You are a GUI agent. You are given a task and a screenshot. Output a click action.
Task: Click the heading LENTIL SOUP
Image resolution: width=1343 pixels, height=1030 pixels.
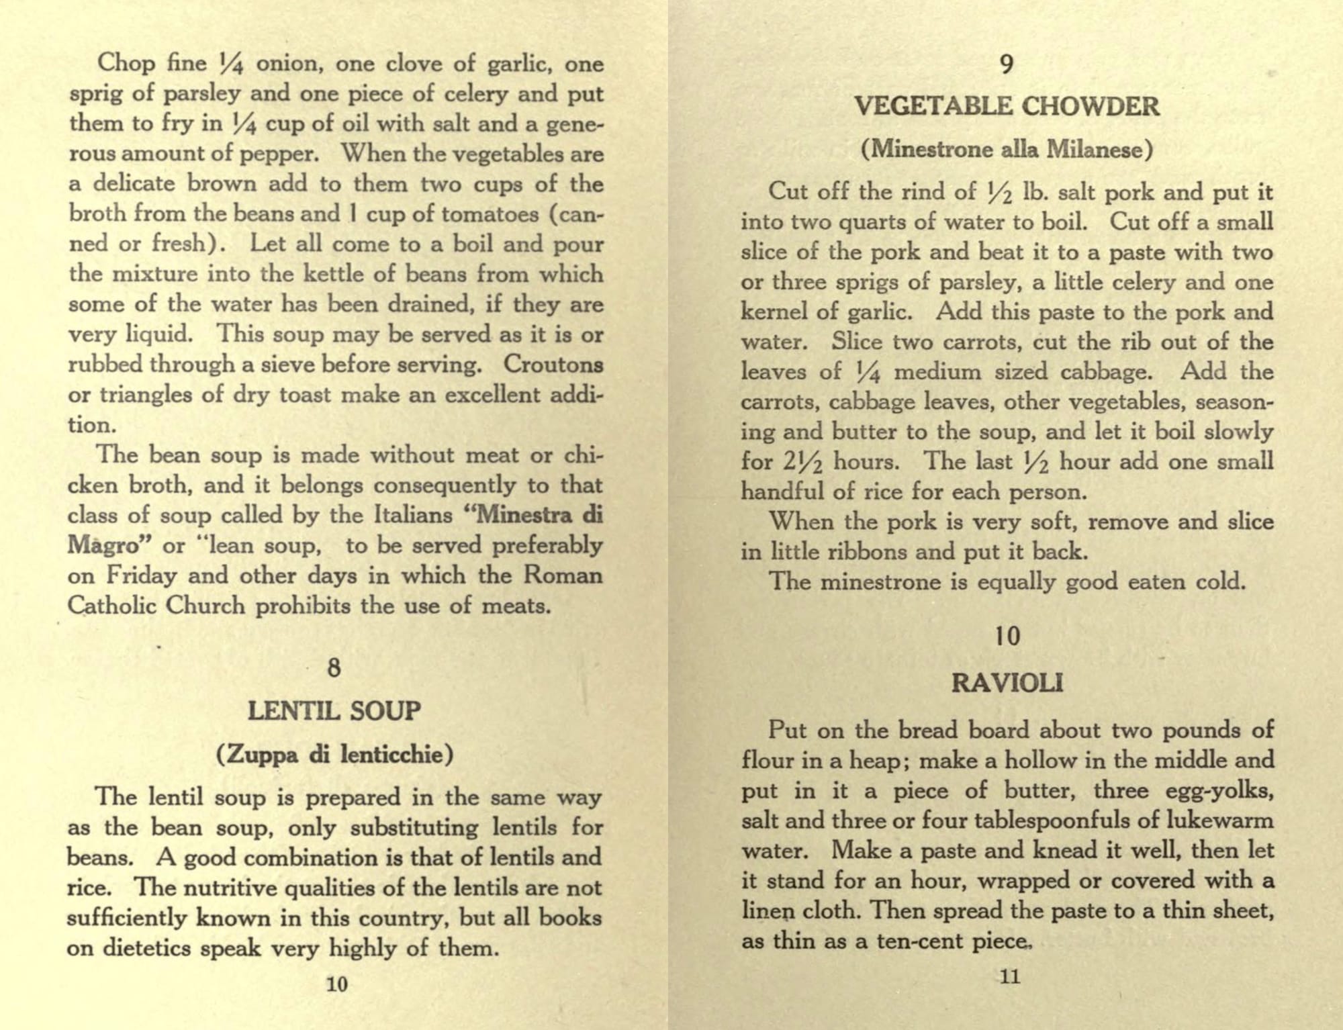pos(334,710)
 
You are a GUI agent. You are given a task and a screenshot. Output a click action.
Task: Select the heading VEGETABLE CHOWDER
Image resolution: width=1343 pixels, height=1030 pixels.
pos(1007,106)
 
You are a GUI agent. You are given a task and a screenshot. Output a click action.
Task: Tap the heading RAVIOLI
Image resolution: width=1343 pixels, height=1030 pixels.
pos(1007,683)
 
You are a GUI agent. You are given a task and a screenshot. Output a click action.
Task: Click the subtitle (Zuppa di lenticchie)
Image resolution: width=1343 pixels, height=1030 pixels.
pos(334,755)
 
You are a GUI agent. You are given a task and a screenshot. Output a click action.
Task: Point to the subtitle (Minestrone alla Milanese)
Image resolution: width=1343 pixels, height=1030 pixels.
pos(1007,148)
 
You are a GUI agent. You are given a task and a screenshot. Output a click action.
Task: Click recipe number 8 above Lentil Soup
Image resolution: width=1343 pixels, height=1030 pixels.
pos(334,667)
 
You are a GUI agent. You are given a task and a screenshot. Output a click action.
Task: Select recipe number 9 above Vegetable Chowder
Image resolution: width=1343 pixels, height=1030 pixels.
pos(1007,64)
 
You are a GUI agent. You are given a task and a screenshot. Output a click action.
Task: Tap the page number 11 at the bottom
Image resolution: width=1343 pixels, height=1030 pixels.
pos(1010,976)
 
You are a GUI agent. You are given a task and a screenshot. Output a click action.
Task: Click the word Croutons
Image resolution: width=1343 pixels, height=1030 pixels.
pos(553,364)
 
